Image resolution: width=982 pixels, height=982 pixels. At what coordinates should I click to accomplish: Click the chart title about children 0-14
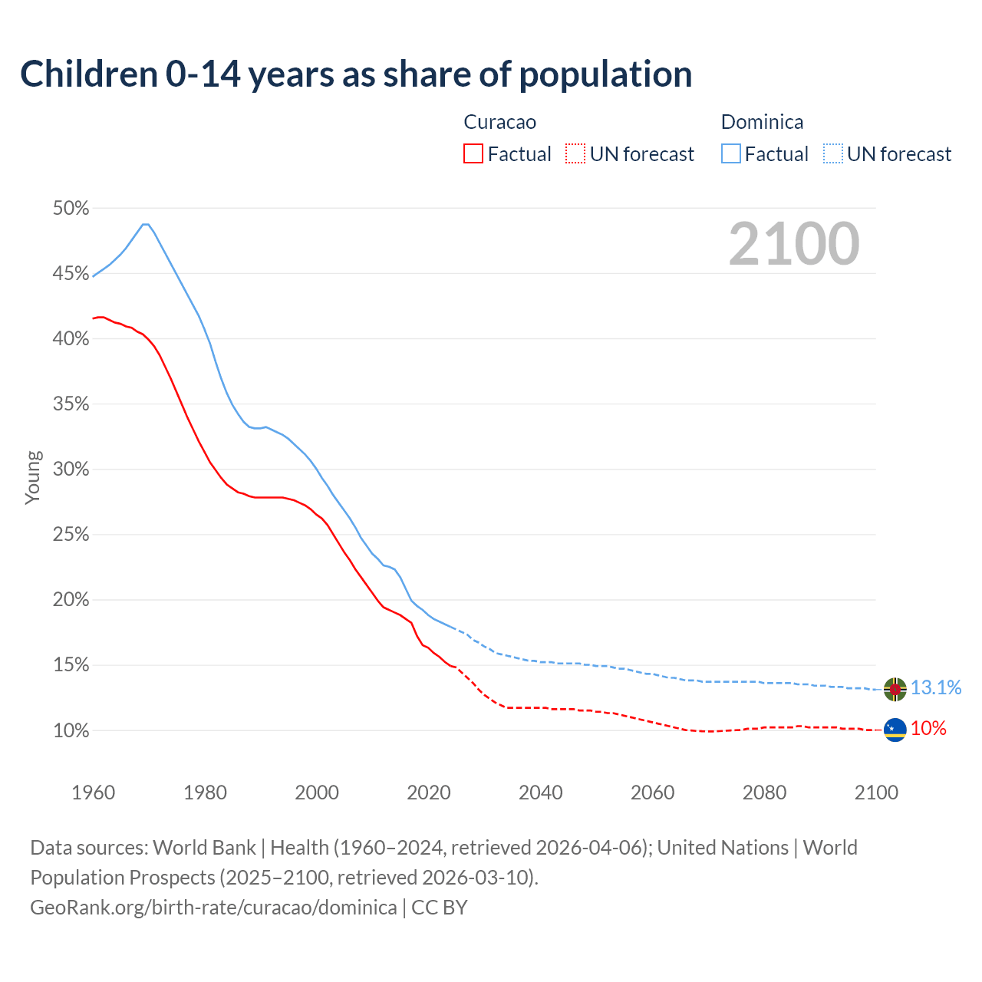click(x=356, y=74)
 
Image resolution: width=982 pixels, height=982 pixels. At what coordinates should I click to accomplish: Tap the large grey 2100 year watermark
click(x=794, y=244)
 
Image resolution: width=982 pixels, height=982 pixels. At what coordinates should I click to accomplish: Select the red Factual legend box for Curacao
click(x=473, y=154)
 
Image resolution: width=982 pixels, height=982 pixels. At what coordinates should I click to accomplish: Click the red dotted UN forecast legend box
click(x=575, y=154)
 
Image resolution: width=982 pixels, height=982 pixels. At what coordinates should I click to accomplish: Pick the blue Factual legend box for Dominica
click(x=731, y=154)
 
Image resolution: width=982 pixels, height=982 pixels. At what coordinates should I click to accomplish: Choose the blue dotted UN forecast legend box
click(x=832, y=154)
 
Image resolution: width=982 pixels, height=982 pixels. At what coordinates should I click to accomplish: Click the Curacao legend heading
click(x=500, y=122)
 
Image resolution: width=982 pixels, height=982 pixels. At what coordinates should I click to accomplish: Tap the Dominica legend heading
click(x=762, y=122)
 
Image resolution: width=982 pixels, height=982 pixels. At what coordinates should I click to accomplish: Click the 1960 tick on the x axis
click(x=93, y=793)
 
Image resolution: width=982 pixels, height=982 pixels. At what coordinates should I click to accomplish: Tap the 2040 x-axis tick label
click(x=541, y=793)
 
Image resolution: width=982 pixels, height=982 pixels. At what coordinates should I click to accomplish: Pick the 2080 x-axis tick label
click(x=764, y=793)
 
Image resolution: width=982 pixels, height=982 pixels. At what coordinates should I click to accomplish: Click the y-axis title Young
click(x=32, y=477)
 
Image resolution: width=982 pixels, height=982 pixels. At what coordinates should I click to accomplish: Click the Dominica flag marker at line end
click(x=895, y=689)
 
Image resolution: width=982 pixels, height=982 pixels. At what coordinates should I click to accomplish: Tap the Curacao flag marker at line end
click(x=895, y=730)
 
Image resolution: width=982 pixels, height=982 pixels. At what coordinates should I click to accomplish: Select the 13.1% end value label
click(x=936, y=687)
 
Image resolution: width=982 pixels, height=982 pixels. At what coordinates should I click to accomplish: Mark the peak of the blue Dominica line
click(x=146, y=224)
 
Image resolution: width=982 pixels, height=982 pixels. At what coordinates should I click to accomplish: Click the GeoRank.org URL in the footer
click(x=213, y=908)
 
